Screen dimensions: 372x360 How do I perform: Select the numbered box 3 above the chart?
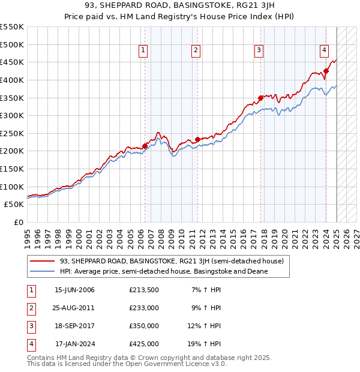tap(259, 51)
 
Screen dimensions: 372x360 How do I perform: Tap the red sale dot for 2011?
tap(197, 139)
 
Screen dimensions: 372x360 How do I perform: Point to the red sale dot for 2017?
tap(260, 98)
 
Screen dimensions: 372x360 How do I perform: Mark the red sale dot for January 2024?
tap(326, 71)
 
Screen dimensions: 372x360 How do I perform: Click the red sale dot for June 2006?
tap(145, 146)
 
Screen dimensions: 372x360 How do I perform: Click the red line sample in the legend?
tap(43, 261)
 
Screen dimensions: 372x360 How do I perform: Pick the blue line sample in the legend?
tap(43, 271)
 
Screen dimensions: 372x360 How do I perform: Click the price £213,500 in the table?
tap(143, 290)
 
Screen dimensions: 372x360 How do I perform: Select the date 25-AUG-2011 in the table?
tap(74, 308)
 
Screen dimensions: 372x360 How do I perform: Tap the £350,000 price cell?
tap(143, 326)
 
